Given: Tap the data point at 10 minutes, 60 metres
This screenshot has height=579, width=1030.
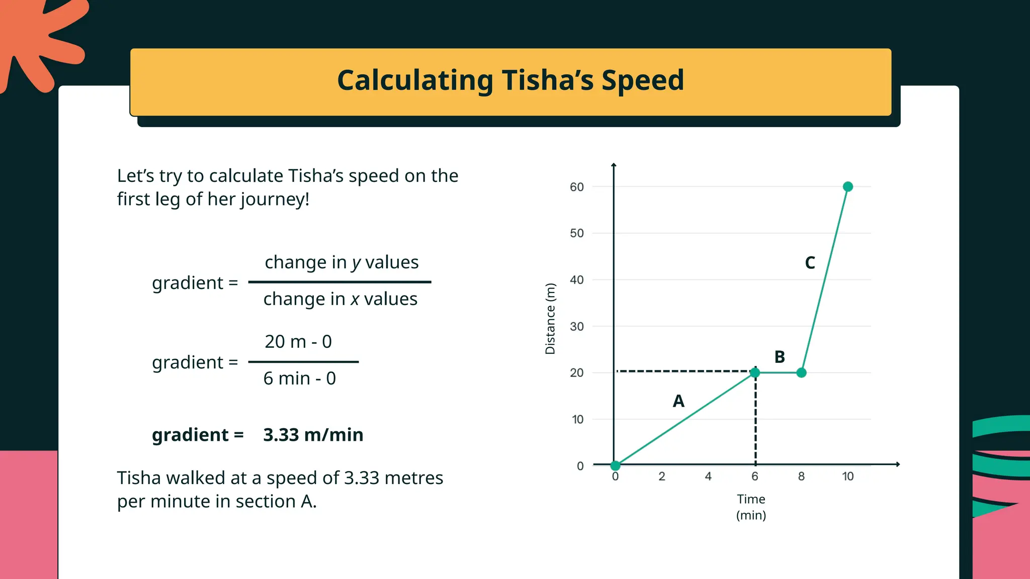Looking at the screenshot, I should point(847,186).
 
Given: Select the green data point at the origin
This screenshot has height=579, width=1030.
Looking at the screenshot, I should point(615,465).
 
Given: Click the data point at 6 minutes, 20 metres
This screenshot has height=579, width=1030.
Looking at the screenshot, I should point(755,372).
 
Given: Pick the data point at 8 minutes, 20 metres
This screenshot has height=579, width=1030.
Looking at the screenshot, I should point(801,372).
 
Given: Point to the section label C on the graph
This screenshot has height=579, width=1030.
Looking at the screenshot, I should point(810,263).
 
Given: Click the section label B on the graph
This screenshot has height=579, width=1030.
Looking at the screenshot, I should point(780,357).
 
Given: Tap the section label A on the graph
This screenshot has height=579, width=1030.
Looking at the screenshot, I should point(678,401).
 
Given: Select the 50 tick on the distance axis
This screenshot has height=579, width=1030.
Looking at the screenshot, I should point(577,233).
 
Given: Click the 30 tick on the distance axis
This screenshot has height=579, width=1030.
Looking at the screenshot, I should point(577,327).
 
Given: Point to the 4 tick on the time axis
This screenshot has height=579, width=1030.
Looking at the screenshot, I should point(708,476).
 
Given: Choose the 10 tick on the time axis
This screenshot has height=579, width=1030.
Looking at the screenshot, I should point(847,476).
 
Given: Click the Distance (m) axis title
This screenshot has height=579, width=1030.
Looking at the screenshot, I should point(550,319).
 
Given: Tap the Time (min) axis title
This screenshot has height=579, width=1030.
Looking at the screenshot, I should point(751,507).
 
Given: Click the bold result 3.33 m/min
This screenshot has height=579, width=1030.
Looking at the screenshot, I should point(313,435).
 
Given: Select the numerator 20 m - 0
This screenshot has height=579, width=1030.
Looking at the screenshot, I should point(298,342).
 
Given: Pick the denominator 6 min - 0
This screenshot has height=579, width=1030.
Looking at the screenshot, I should point(299,378).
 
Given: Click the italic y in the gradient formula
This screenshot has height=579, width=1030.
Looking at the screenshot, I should point(356,263).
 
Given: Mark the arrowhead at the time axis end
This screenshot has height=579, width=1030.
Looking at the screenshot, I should point(898,464).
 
